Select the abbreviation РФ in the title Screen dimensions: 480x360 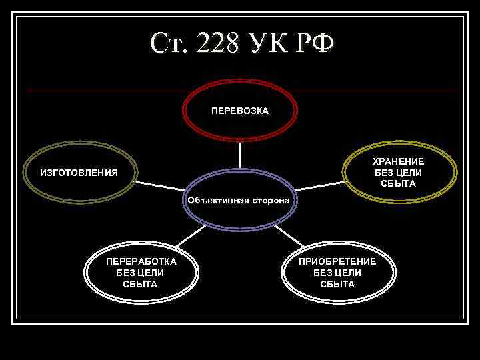317,43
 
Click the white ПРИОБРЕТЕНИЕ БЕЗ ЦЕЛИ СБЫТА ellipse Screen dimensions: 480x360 337,291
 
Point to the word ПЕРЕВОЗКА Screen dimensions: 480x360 240,111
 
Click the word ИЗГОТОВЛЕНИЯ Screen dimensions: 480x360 79,173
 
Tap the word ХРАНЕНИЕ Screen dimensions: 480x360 398,162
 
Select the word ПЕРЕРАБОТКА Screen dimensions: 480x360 141,261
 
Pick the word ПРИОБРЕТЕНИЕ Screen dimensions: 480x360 337,261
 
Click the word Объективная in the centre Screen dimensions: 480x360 217,200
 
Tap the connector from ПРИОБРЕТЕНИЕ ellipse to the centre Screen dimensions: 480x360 288,235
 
